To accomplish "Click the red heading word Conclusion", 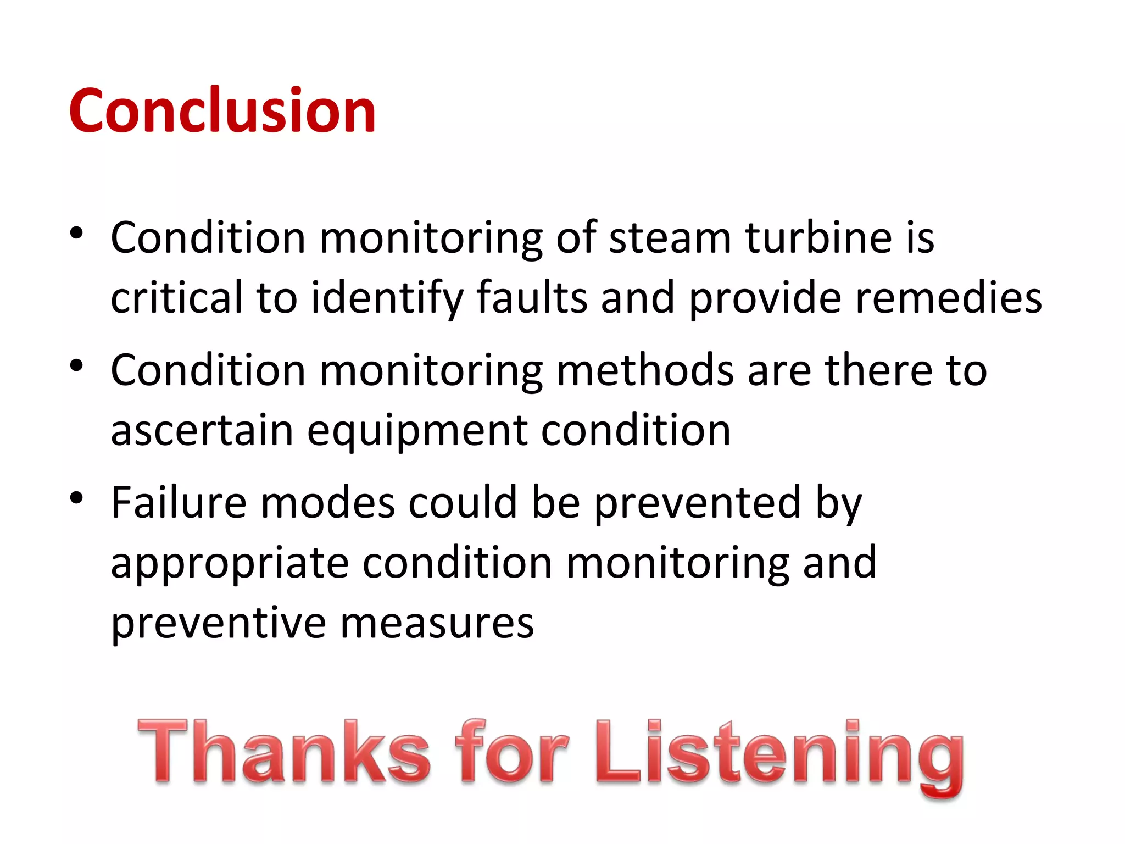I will pyautogui.click(x=222, y=111).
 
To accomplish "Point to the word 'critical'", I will pyautogui.click(x=176, y=298).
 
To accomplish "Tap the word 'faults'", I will pyautogui.click(x=532, y=298).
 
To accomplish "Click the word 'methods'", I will pyautogui.click(x=645, y=370).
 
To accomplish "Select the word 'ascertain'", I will pyautogui.click(x=202, y=431).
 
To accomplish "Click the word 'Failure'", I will pyautogui.click(x=179, y=503).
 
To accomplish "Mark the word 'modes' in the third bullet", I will pyautogui.click(x=327, y=503).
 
